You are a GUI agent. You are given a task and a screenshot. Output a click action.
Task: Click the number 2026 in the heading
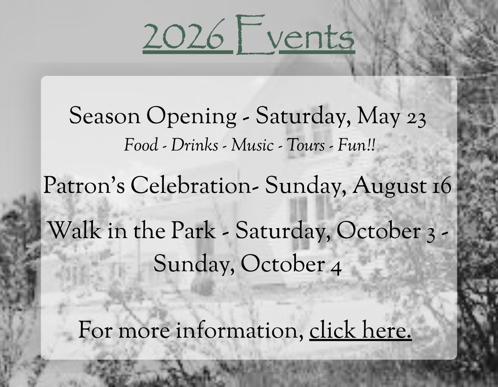point(183,34)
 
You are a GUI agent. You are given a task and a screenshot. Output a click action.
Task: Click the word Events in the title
point(295,34)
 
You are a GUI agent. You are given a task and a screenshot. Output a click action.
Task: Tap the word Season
point(105,116)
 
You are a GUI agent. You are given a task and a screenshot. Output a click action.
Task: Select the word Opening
point(191,117)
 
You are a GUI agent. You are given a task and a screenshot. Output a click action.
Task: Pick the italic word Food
point(141,145)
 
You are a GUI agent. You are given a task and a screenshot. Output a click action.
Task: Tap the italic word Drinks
point(195,145)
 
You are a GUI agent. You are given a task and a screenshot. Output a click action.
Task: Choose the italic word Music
point(252,145)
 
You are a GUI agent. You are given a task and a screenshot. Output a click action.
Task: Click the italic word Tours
point(305,145)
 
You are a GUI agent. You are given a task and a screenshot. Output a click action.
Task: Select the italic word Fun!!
point(356,145)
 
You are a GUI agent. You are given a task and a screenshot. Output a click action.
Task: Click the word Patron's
point(84,185)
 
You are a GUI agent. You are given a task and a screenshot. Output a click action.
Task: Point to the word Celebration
point(192,185)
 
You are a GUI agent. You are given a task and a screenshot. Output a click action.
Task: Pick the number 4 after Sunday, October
point(335,267)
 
